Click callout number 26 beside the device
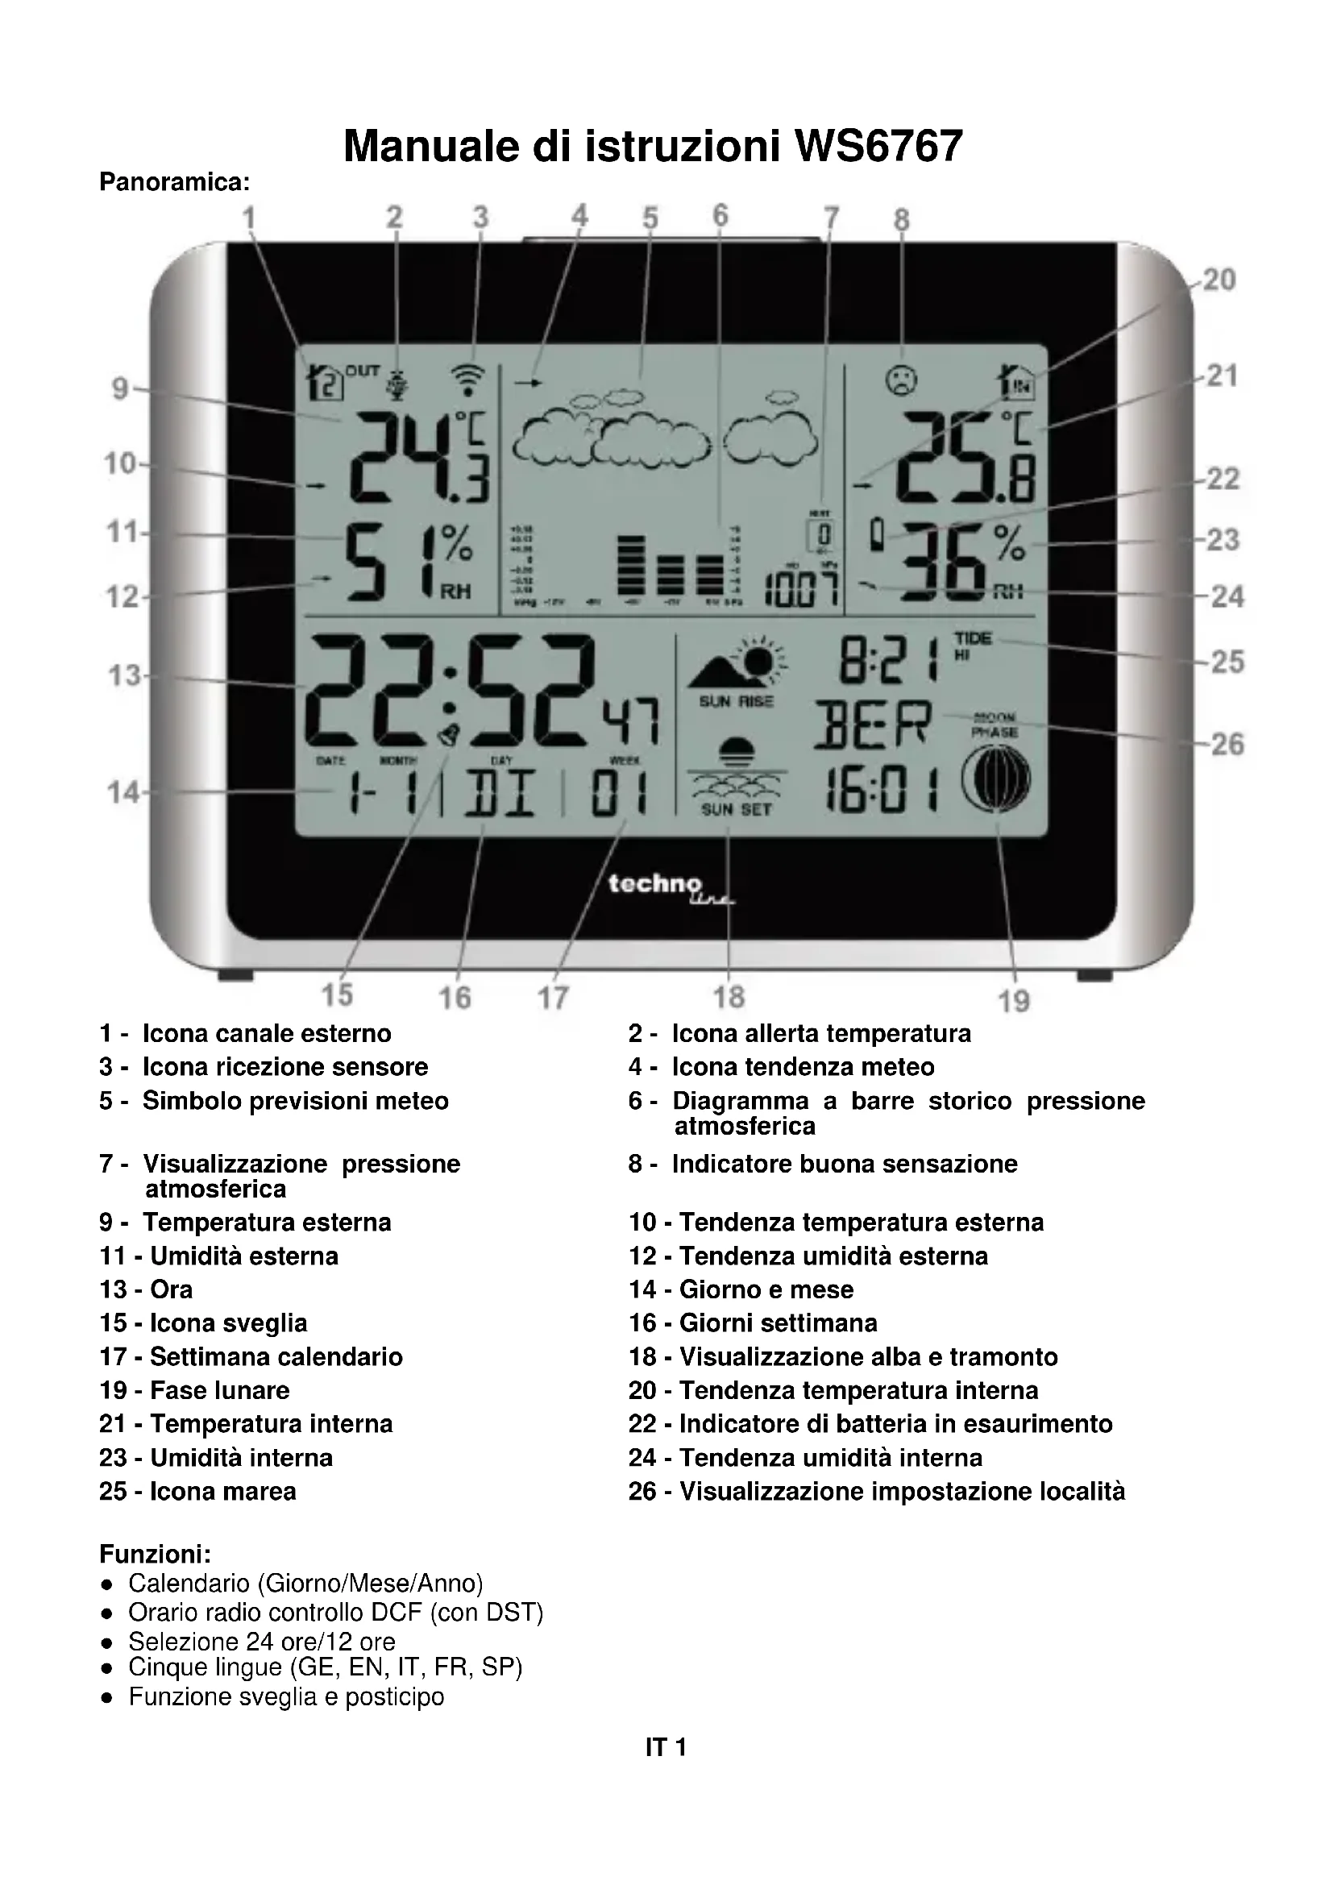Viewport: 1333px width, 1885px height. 1227,745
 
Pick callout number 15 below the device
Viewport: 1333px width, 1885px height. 337,994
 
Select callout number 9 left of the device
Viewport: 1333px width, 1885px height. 120,388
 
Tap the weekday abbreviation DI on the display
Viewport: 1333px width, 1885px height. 500,794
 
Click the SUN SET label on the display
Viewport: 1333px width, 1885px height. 736,809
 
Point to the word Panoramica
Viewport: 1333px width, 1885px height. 174,181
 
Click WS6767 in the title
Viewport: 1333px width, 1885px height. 878,147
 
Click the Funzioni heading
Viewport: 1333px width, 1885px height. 155,1554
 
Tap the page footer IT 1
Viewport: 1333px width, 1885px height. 666,1747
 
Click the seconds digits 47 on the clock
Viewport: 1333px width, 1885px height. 629,720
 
